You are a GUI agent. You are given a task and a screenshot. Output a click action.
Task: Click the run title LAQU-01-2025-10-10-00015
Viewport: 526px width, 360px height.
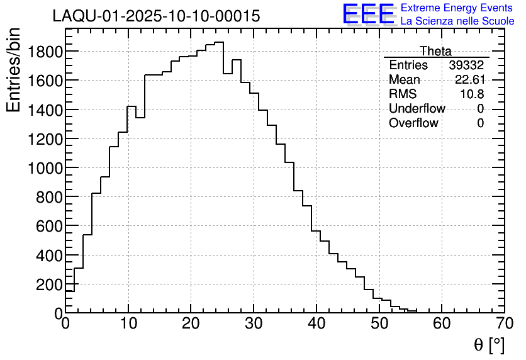(156, 16)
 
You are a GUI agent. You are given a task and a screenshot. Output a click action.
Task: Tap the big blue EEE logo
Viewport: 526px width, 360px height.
(369, 14)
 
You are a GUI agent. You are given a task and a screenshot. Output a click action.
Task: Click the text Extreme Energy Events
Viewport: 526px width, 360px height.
(456, 8)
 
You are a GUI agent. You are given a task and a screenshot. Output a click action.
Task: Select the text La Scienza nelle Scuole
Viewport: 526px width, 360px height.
(457, 21)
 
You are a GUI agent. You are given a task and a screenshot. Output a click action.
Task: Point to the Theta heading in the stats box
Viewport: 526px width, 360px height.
(435, 51)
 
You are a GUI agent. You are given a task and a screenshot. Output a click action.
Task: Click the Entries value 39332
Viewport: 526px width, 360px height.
(466, 65)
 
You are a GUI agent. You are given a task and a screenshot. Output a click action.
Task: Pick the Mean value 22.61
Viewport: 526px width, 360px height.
(469, 80)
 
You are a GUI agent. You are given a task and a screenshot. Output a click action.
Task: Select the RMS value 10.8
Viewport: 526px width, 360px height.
(472, 94)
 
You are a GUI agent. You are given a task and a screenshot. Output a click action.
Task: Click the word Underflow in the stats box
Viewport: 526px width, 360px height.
(417, 109)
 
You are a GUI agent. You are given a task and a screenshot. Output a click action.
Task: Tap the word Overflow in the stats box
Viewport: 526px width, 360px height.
(413, 123)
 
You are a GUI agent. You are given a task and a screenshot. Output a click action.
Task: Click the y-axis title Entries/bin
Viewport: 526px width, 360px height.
(14, 70)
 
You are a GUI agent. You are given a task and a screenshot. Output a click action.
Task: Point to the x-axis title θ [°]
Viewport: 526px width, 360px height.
(489, 344)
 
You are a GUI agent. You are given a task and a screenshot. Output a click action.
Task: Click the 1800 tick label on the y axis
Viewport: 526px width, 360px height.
(44, 51)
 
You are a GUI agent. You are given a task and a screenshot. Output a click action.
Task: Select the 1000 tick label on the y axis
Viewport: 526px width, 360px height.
(44, 168)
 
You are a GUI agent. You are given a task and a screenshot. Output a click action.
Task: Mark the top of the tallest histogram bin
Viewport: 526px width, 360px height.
(219, 43)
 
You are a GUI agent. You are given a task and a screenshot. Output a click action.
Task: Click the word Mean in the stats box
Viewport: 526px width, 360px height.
(404, 80)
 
